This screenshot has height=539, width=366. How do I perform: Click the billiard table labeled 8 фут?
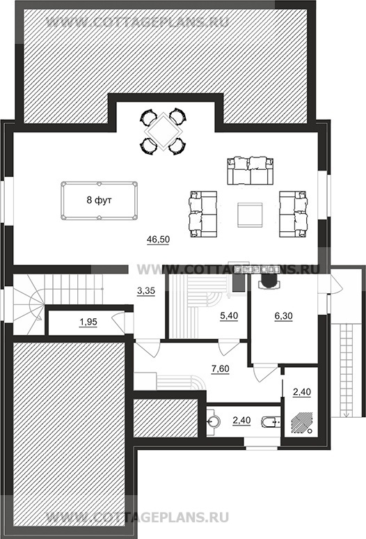[99, 201]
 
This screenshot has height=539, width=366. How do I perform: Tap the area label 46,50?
[158, 240]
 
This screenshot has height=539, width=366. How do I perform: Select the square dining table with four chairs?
[163, 132]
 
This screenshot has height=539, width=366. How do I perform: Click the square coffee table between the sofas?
[250, 215]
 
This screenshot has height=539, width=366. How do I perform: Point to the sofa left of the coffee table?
[202, 214]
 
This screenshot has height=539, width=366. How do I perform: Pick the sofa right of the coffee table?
[294, 214]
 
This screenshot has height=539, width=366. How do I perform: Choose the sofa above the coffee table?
[250, 171]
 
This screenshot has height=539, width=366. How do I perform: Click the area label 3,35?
[146, 291]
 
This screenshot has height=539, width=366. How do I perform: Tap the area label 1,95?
[88, 322]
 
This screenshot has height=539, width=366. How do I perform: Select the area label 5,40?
[229, 315]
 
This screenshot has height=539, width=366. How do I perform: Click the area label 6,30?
[284, 315]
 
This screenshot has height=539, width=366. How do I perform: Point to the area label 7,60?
[220, 369]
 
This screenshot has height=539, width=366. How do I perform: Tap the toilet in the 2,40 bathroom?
[271, 421]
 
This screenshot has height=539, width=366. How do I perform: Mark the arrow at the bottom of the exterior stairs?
[346, 414]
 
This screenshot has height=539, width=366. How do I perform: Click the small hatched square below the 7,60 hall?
[166, 419]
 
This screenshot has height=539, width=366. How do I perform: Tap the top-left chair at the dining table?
[148, 117]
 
